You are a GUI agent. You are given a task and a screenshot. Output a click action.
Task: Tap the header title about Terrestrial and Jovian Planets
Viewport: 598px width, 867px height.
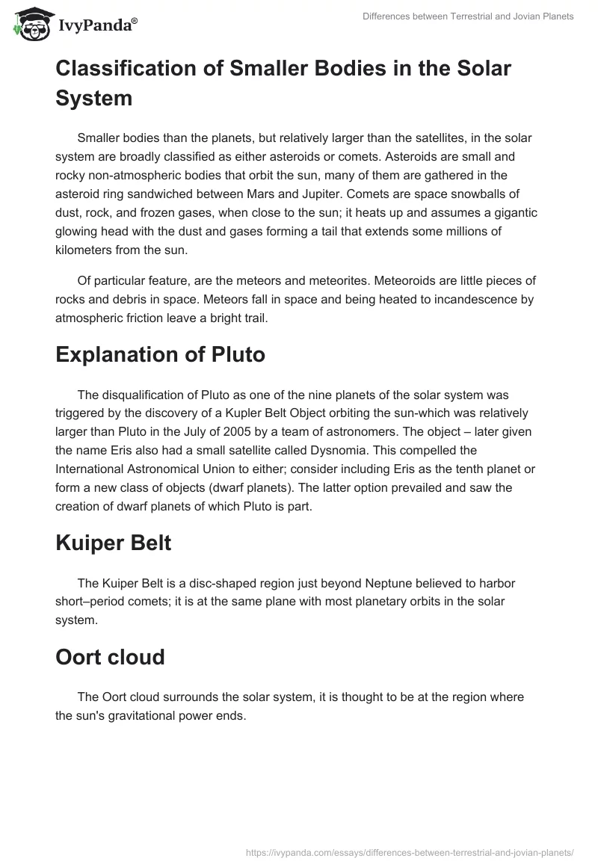click(x=467, y=16)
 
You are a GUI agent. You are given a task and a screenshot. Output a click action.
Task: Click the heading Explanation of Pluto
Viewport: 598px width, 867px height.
click(x=160, y=354)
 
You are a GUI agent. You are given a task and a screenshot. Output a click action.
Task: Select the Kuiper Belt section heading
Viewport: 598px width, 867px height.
click(x=113, y=543)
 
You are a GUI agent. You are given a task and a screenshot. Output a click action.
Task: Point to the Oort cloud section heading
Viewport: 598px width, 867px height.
click(x=110, y=658)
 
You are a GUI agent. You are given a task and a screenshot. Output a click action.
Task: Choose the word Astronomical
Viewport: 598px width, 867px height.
click(x=167, y=469)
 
